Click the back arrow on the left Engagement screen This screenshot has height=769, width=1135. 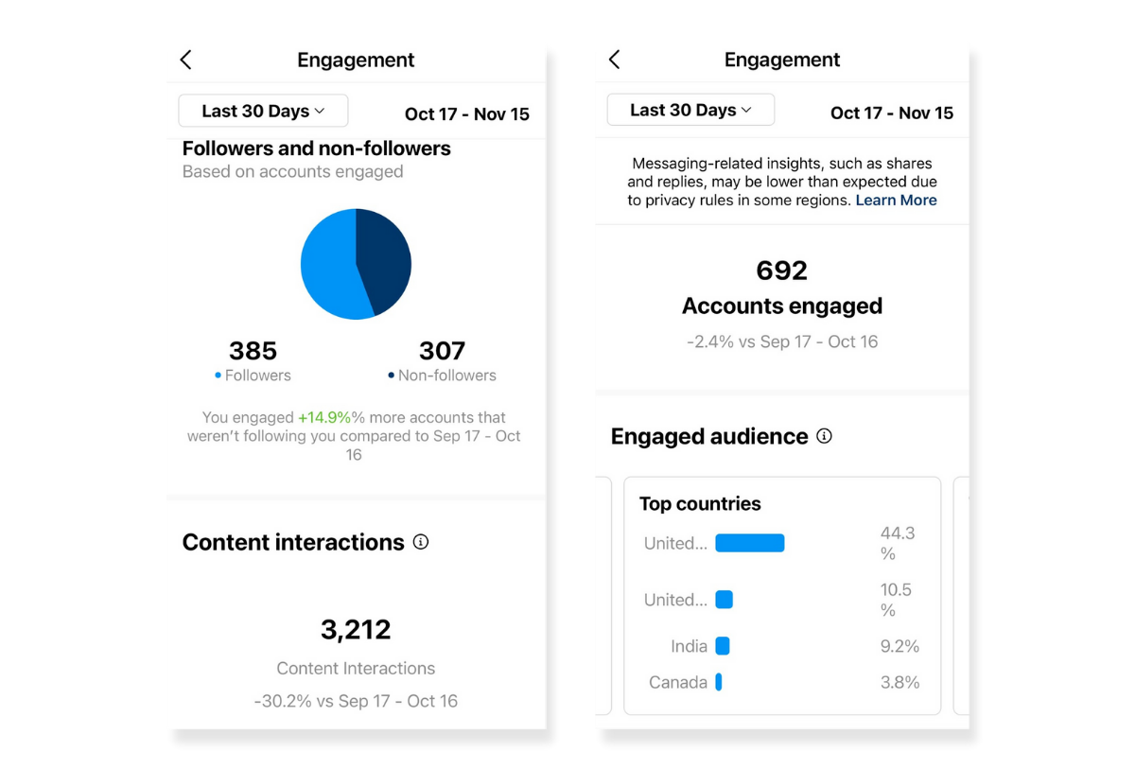185,61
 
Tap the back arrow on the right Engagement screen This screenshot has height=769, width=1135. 614,61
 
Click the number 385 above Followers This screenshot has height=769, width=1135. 253,351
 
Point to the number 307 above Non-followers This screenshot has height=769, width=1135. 442,351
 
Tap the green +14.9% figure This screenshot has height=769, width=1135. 324,417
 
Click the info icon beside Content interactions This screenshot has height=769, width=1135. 421,542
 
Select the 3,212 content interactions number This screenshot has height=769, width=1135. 356,630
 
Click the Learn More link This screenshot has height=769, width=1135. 896,201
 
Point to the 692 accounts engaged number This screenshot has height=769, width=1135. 782,271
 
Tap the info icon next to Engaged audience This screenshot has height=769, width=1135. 824,436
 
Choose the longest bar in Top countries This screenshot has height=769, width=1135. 750,543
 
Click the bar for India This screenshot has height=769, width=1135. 723,646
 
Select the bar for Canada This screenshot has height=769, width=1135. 719,682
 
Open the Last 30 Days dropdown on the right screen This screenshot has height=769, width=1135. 690,111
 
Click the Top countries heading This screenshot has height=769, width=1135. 700,504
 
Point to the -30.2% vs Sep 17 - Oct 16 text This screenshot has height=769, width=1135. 356,701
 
